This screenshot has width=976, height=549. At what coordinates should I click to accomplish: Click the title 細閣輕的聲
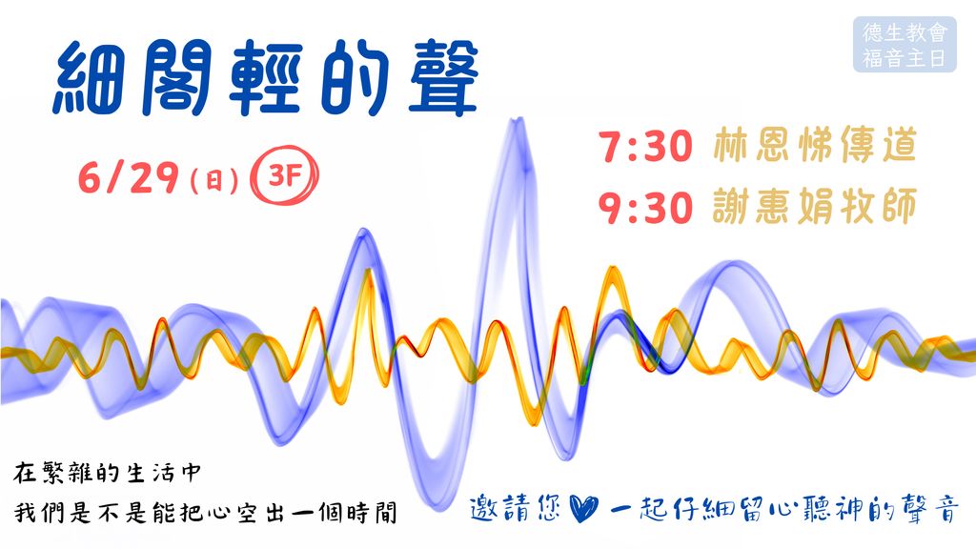266,78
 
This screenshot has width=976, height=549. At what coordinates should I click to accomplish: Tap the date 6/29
129,177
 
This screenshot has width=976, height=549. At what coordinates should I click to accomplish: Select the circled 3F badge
284,175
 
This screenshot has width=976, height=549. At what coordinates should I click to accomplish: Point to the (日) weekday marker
214,180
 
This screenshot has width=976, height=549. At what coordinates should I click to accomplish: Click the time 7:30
645,146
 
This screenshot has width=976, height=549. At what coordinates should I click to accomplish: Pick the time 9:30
645,207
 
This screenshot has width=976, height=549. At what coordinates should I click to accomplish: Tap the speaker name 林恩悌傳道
815,145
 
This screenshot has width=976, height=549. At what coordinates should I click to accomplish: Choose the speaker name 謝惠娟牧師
815,206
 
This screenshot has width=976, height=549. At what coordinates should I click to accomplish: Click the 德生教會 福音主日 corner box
905,44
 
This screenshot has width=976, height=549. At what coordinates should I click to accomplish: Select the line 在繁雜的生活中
108,473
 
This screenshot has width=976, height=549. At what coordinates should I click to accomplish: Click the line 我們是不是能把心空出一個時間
206,513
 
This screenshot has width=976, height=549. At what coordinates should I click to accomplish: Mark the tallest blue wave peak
516,121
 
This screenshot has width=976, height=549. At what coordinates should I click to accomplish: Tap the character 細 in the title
87,79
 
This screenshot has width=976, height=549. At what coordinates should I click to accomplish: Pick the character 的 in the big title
355,78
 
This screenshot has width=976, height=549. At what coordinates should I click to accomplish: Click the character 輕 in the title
266,78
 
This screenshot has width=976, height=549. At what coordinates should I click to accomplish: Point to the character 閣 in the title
176,78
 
